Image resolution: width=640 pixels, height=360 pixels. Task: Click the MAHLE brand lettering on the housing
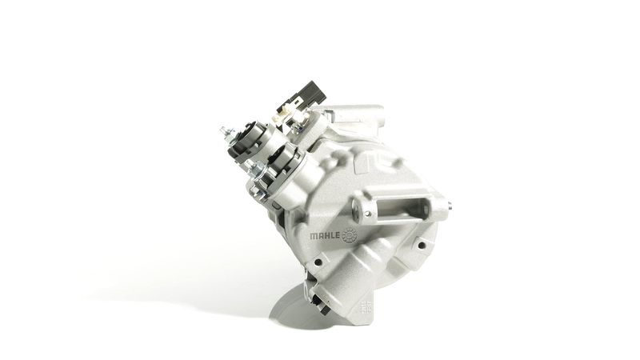click(326, 236)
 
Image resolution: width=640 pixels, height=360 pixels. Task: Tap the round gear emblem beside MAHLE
click(350, 235)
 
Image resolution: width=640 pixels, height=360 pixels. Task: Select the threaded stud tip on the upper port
click(223, 131)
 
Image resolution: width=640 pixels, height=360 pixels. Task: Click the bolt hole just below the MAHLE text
click(318, 262)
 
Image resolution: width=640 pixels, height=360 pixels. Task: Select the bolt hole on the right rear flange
click(422, 246)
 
